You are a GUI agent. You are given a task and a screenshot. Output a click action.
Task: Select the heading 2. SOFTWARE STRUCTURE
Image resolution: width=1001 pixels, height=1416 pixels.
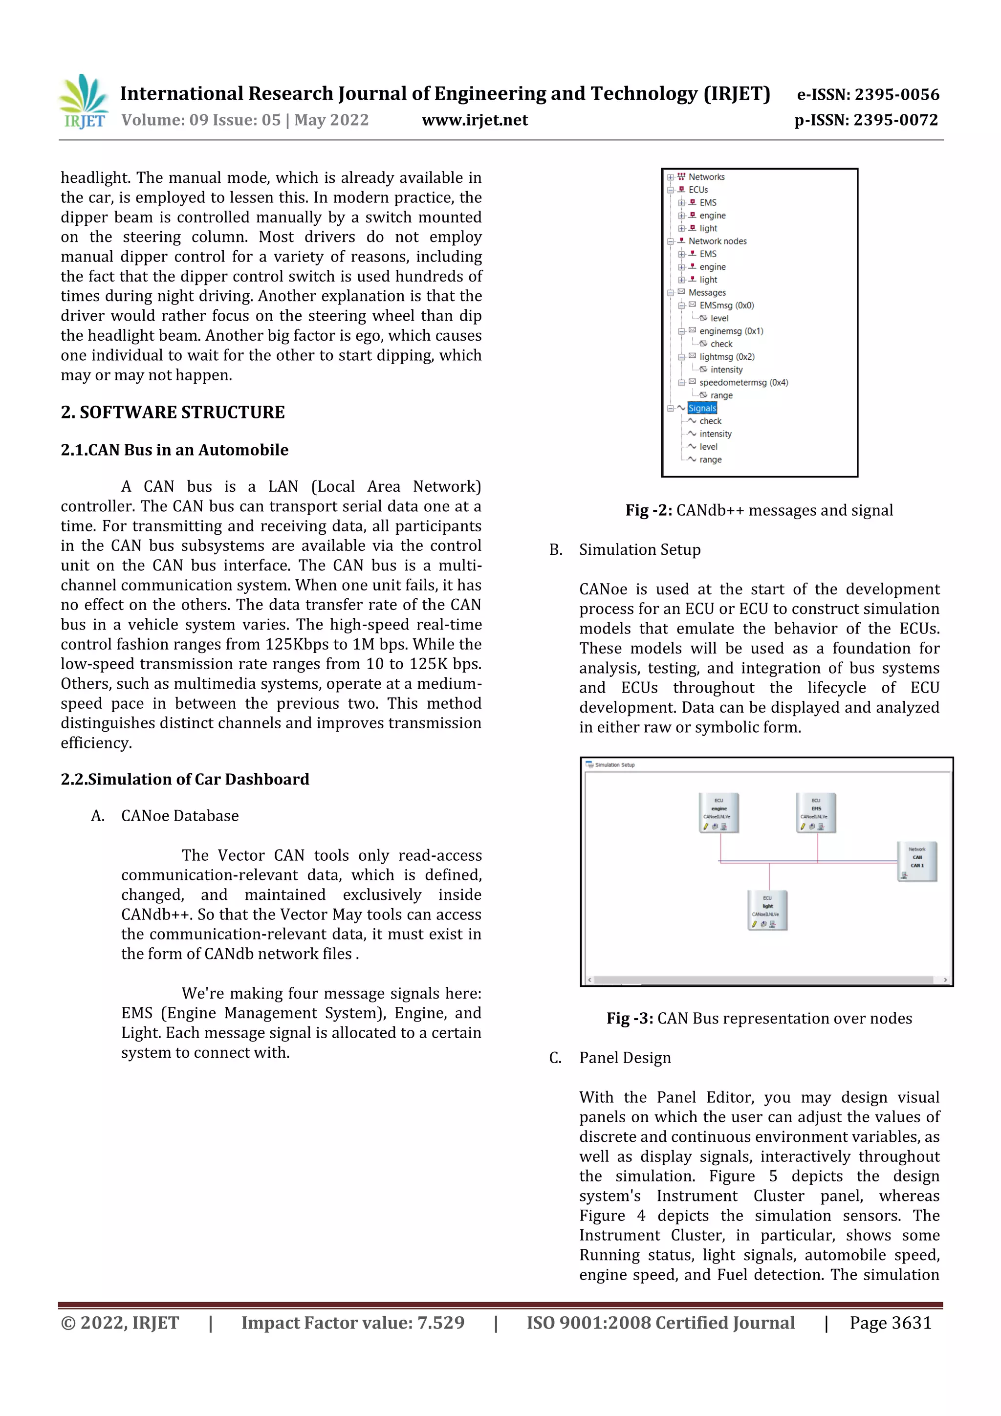(173, 412)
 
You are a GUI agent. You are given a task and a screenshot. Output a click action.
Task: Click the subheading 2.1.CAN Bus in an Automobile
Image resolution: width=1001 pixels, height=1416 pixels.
(174, 450)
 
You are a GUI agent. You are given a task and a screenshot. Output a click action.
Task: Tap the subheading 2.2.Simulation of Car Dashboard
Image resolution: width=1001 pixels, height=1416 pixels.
(185, 779)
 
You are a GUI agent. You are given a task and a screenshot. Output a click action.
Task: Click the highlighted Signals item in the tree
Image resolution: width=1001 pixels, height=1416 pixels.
(702, 408)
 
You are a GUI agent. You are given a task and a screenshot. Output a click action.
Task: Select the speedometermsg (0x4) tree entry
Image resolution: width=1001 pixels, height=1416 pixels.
(743, 382)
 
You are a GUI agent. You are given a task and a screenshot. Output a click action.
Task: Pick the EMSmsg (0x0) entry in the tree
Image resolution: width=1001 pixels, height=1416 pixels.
(726, 305)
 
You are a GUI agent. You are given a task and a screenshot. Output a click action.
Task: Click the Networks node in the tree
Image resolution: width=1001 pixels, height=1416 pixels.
(706, 177)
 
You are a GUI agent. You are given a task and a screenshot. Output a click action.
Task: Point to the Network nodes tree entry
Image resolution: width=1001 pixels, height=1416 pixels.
(717, 241)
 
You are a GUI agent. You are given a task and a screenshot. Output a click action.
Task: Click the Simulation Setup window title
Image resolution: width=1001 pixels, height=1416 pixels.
(614, 765)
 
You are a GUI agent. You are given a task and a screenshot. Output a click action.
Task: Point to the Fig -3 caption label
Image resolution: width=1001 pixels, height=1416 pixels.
(630, 1018)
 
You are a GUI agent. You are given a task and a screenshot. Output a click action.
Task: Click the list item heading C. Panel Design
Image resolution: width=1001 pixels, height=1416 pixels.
(624, 1058)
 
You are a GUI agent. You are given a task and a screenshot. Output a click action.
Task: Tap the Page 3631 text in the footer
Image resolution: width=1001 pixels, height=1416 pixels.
(890, 1323)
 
